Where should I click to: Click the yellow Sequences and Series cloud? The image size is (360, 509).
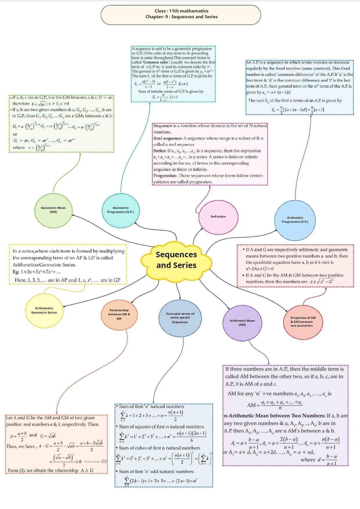(x=176, y=260)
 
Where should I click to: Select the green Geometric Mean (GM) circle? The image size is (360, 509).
(x=53, y=210)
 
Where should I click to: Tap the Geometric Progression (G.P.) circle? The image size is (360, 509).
(x=121, y=210)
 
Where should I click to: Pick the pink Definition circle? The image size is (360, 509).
(x=218, y=217)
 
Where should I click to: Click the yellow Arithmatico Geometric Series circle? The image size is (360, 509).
(x=44, y=310)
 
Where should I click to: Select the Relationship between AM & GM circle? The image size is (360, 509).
(x=119, y=315)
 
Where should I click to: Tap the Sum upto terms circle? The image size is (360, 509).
(x=180, y=318)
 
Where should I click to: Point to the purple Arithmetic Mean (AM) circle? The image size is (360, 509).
(x=242, y=323)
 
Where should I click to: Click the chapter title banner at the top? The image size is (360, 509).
(x=181, y=14)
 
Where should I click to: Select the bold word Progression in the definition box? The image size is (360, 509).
(x=165, y=176)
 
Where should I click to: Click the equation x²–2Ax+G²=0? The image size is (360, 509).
(x=260, y=269)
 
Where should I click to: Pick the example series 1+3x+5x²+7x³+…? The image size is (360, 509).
(x=41, y=272)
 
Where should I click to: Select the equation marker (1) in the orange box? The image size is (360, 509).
(x=104, y=461)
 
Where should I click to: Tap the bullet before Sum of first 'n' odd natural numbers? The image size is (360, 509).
(x=117, y=472)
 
